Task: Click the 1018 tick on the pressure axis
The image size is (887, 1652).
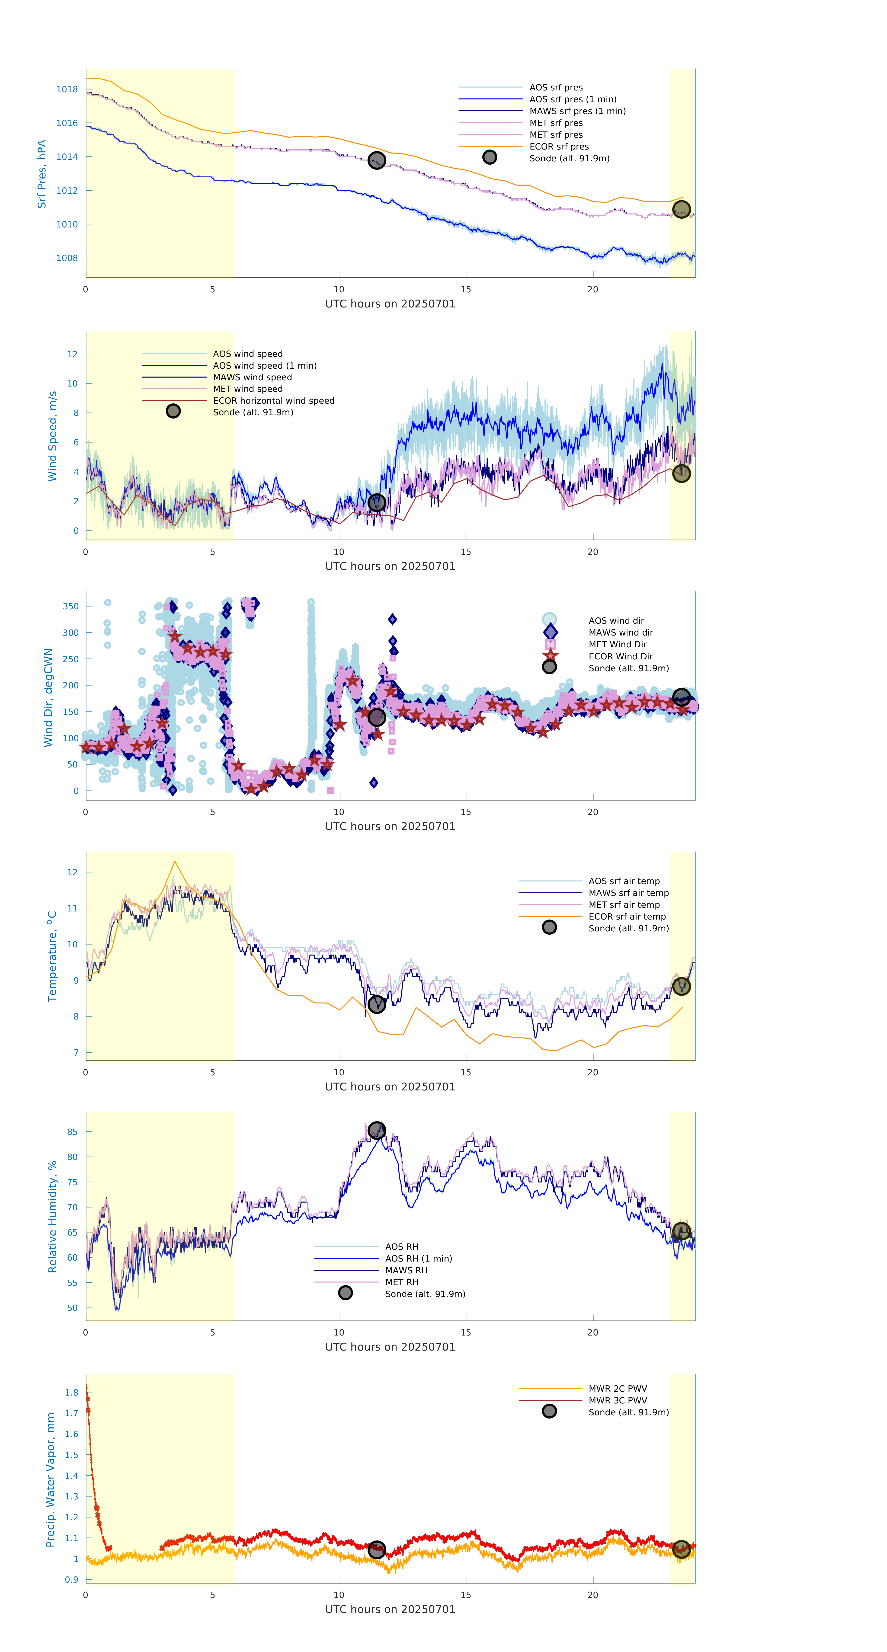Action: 67,89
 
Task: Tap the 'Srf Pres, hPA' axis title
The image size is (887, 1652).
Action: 42,174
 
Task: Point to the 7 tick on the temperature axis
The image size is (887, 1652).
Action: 76,1052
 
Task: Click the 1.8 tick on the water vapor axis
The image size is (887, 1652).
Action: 71,1392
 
